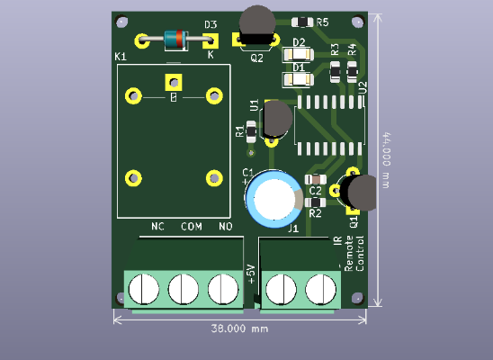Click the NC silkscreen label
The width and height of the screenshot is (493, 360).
158,226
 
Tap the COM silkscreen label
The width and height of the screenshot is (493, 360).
192,226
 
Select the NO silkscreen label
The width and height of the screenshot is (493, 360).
226,226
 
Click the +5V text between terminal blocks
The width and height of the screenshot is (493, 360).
251,274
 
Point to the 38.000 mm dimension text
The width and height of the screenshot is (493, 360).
240,328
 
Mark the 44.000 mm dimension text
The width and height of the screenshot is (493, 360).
386,161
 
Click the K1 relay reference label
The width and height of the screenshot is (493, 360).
121,57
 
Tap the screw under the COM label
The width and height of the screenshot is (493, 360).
184,289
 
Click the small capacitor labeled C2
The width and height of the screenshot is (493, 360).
315,180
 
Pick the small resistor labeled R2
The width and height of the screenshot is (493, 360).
315,203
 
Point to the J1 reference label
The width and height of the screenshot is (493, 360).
292,229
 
